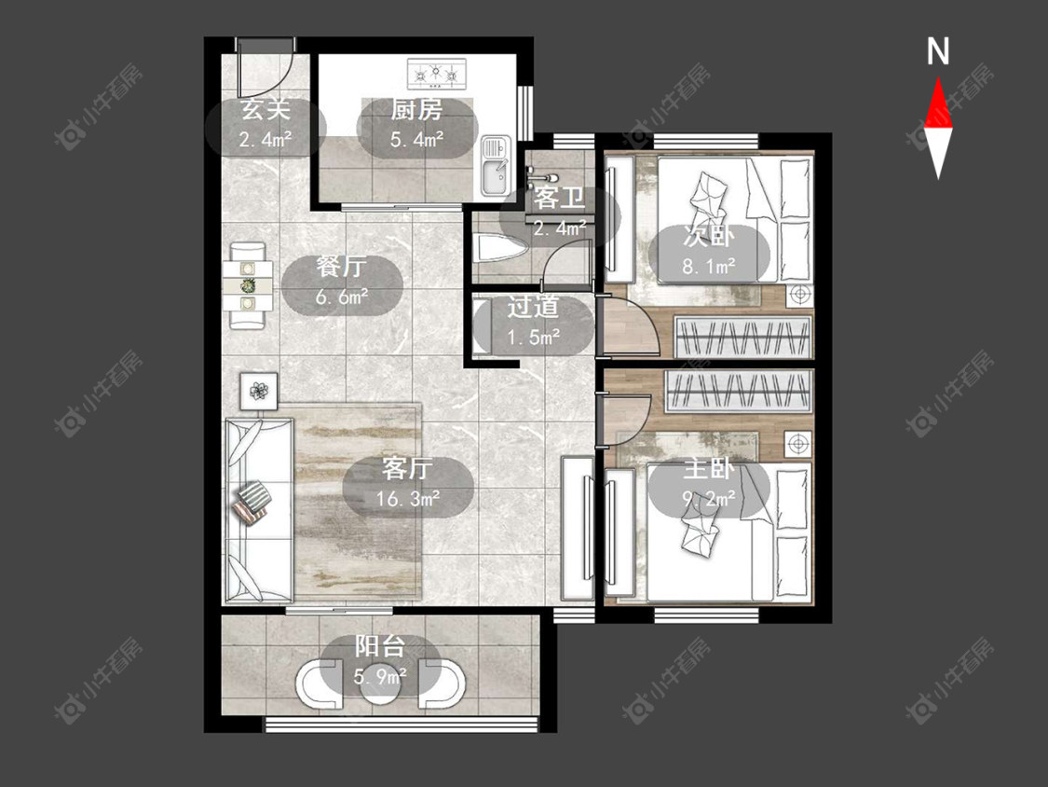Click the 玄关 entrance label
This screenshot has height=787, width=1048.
[265, 110]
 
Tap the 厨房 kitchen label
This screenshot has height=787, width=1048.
[416, 110]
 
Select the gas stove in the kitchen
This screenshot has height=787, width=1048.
[437, 74]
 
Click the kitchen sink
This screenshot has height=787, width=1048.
[496, 167]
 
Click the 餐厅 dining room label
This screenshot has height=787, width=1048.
[342, 267]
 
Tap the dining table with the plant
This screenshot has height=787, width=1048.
[248, 285]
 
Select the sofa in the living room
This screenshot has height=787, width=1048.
[259, 511]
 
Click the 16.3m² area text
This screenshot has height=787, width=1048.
[408, 499]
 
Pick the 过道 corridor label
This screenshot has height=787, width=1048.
[533, 307]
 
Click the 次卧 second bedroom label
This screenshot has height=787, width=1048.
[709, 236]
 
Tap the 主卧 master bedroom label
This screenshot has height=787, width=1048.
[709, 468]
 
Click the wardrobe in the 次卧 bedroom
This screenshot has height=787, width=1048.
[743, 337]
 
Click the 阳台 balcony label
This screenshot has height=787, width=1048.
[380, 646]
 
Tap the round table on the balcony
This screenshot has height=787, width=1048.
[380, 685]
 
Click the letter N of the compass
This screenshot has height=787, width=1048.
[938, 51]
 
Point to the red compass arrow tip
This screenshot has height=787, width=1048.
[938, 77]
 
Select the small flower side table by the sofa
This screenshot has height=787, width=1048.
[259, 390]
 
